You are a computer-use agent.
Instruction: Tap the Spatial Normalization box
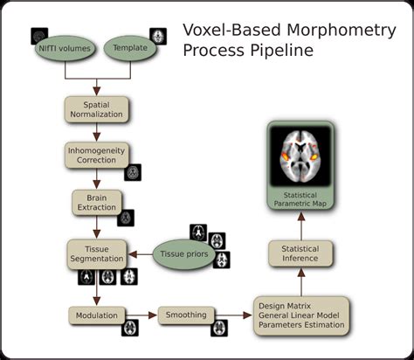pos(96,109)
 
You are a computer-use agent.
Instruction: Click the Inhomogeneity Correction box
pos(96,156)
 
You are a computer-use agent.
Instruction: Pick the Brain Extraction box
pos(96,203)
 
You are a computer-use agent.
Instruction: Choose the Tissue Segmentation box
pos(95,253)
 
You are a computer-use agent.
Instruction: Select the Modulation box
pos(96,314)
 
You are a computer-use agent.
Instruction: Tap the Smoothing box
pos(186,315)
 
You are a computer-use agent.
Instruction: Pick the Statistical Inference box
pos(300,254)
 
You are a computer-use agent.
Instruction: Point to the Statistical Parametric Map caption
pos(300,198)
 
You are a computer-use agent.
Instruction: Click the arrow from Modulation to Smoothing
pos(141,314)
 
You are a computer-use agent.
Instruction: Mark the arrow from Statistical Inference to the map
pos(300,225)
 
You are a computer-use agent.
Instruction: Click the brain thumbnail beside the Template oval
pos(158,36)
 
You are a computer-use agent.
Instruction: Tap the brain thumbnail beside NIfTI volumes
pos(40,36)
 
